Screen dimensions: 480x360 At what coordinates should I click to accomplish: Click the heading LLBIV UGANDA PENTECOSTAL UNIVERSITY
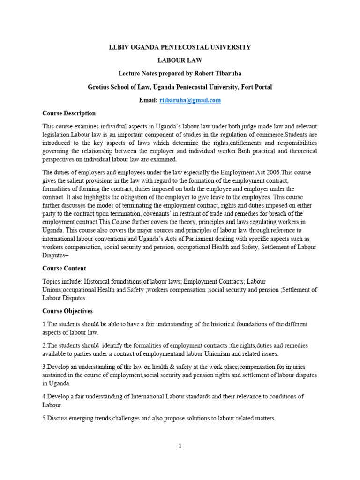180,47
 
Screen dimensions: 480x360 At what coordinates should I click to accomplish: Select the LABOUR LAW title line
180,60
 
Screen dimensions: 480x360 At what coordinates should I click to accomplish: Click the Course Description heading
69,113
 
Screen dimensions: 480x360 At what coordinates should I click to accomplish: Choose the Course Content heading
64,269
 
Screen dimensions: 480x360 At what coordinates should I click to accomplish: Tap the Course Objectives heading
67,311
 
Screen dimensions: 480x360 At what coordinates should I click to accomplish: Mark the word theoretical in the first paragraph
300,151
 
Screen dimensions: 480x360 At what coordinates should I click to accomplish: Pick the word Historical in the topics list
105,282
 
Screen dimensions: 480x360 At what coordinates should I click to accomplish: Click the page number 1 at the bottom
180,446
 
